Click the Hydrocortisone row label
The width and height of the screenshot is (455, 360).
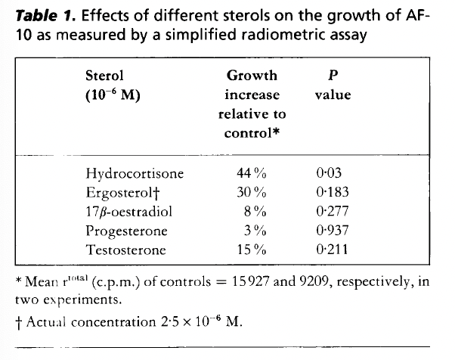(135, 175)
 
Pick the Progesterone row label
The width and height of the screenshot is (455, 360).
(127, 231)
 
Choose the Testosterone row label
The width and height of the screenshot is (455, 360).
(126, 249)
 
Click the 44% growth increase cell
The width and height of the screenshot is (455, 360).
(251, 175)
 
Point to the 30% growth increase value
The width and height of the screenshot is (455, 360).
(251, 193)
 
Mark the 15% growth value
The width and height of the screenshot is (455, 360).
(251, 249)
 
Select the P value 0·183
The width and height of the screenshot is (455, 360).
(333, 193)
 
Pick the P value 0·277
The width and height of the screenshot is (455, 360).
(333, 212)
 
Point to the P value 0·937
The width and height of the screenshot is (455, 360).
(333, 231)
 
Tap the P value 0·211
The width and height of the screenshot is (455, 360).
(333, 249)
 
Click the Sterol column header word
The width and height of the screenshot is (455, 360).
(105, 76)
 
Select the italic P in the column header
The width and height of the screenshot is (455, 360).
(333, 76)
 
